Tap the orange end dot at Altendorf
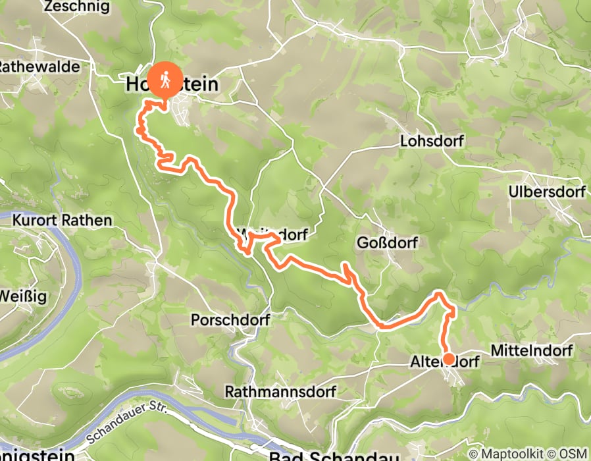pos(448,359)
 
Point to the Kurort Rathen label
pos(62,220)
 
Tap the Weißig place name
pos(23,296)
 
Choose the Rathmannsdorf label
pos(280,392)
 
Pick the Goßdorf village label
pos(385,242)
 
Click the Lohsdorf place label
pos(432,142)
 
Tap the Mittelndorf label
pos(531,350)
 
